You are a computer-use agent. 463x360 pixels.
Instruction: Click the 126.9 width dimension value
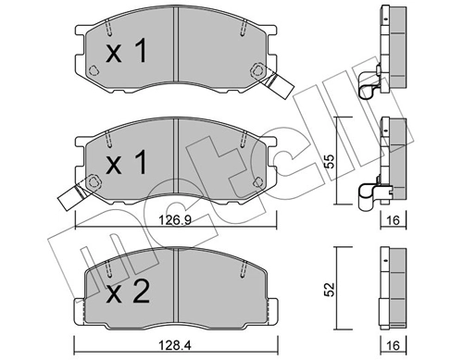(x=175, y=220)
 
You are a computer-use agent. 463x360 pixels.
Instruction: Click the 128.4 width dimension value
(x=175, y=345)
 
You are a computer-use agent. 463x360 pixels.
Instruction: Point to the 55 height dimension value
(x=330, y=161)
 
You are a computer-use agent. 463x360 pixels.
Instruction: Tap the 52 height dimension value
(x=330, y=290)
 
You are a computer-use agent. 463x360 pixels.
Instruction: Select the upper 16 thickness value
(x=393, y=220)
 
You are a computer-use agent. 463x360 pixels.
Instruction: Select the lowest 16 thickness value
(x=393, y=345)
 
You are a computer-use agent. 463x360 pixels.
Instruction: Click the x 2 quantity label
(x=128, y=292)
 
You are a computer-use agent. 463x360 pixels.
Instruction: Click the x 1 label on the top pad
(x=126, y=52)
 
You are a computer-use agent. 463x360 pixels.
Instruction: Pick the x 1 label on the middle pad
(x=126, y=162)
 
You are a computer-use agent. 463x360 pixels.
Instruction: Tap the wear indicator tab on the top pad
(x=276, y=83)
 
